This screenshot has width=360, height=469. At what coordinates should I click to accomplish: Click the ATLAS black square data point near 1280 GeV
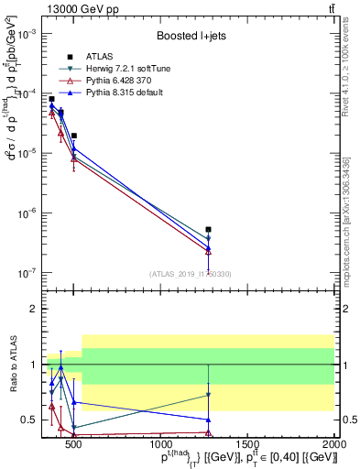point(209,229)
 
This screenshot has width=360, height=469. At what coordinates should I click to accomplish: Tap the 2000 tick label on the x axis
point(335,446)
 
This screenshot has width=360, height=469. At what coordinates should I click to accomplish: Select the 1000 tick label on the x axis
point(160,446)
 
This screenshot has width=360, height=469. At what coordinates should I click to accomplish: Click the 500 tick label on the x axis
point(73,446)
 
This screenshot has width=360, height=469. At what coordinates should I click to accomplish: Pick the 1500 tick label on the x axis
point(247,446)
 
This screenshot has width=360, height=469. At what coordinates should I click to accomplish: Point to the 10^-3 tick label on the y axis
point(27,34)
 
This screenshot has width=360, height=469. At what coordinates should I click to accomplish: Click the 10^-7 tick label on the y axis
point(27,273)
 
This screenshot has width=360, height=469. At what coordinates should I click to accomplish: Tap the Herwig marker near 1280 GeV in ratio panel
point(209,395)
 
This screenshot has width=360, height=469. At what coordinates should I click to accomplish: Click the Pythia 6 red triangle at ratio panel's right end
point(209,431)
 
